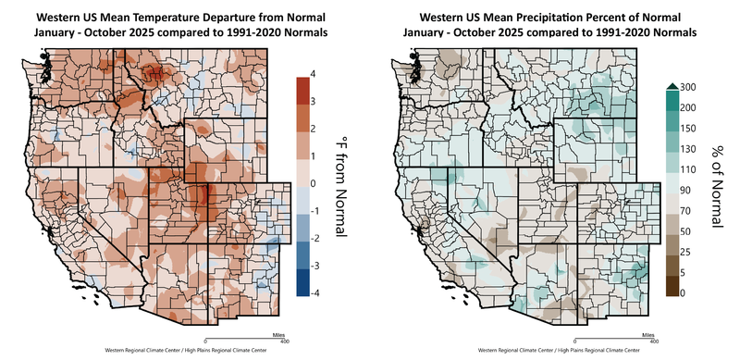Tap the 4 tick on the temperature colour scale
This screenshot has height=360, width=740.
point(315,73)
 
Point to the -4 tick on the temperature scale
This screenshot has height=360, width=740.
point(317,293)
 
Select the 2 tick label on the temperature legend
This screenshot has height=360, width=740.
point(315,128)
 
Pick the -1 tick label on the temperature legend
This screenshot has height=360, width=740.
point(317,211)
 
